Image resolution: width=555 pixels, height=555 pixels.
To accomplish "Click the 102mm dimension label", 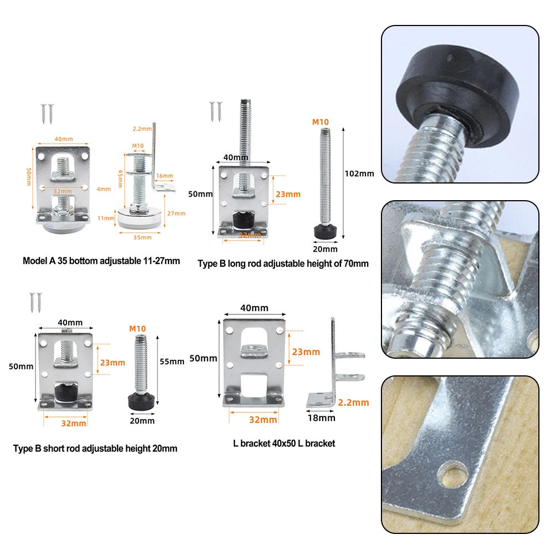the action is click(359, 174).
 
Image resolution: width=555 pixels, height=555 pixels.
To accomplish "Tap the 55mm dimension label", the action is click(172, 361).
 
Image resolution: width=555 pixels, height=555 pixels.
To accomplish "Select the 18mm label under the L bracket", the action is click(322, 418).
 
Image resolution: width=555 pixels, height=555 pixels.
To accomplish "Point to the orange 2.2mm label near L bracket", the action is click(353, 403).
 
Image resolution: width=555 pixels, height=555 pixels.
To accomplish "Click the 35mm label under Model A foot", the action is click(142, 237).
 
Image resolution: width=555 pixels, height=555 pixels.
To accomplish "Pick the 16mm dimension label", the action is click(165, 176).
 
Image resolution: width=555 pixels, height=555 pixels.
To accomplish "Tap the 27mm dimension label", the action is click(176, 213).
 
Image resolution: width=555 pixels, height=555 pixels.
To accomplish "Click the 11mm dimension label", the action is click(106, 218).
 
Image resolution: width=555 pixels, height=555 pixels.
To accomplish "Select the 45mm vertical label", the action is click(120, 179).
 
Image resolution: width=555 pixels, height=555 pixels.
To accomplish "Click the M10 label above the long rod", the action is click(320, 122).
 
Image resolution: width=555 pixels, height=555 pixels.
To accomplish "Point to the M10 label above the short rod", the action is click(138, 329).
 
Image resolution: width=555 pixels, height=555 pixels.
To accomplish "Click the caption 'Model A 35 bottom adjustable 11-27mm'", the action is click(101, 261).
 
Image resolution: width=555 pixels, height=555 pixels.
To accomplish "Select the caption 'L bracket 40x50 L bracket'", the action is click(284, 443).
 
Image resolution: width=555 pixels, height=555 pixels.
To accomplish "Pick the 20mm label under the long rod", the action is click(325, 249).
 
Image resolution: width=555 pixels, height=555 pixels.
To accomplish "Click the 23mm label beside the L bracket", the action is click(306, 352).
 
